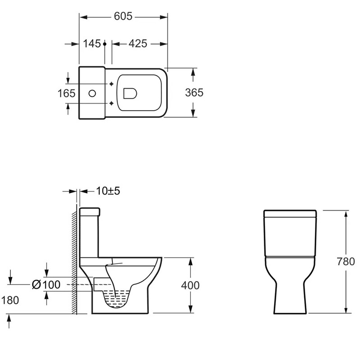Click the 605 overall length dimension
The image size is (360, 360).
[123, 16]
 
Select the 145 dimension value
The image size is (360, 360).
[92, 44]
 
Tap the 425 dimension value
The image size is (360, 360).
[138, 44]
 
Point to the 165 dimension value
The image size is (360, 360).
[66, 94]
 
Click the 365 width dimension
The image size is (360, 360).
[194, 93]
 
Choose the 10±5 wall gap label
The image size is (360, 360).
[108, 191]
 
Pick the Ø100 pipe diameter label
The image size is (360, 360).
[46, 285]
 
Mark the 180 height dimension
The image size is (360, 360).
[10, 300]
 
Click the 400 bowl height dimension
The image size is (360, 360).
[190, 285]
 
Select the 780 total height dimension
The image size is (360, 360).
[346, 261]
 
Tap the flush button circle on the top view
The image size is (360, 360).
[92, 94]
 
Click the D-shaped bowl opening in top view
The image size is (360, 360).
[130, 94]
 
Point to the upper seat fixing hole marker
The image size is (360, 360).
[111, 84]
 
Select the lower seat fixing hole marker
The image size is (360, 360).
[111, 103]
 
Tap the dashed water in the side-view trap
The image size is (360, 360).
[117, 299]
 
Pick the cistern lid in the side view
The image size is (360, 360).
[90, 212]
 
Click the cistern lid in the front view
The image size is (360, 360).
[290, 214]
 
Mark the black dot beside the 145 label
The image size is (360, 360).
[105, 44]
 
